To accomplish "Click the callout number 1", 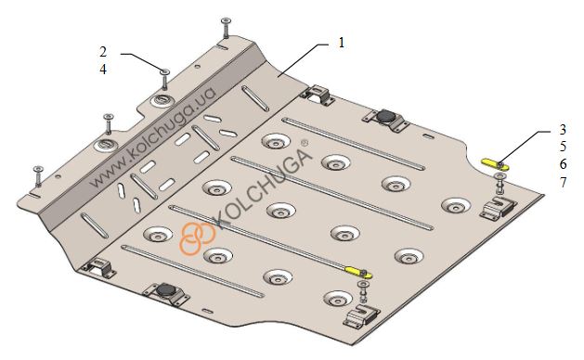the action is [342, 43].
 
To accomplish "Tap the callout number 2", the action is [103, 51].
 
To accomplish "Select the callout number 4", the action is [103, 70].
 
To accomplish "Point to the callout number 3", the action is [563, 129].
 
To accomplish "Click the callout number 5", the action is [563, 147].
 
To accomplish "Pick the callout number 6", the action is [563, 164].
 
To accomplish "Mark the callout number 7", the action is [563, 182].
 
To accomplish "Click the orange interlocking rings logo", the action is [197, 238].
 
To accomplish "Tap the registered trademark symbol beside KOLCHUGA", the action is [305, 143].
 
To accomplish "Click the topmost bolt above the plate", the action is [226, 27].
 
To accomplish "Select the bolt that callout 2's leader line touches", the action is [164, 79].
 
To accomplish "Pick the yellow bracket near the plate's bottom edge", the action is [358, 273].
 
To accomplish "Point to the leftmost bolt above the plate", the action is [38, 176].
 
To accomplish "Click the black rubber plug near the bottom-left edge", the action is [164, 289].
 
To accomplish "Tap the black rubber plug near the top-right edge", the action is [384, 116].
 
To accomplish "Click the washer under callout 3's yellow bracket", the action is [500, 176].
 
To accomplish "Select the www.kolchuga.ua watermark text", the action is [153, 137].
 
